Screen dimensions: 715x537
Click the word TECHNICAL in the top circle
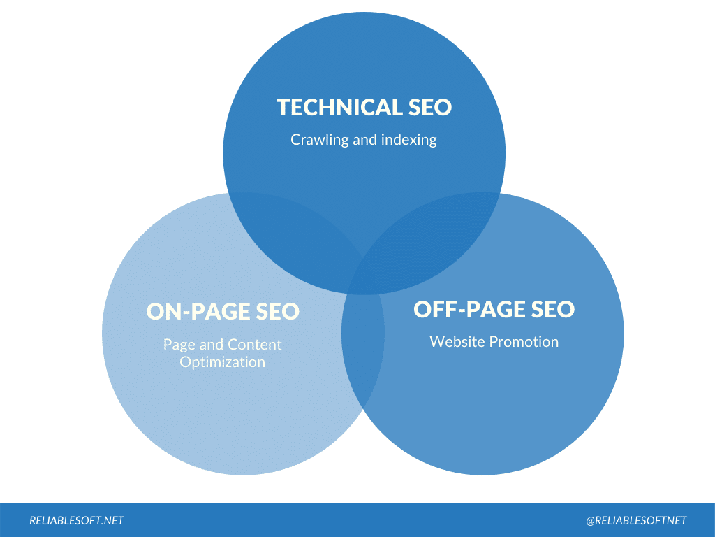pyautogui.click(x=338, y=107)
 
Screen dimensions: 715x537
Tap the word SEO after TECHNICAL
pyautogui.click(x=429, y=107)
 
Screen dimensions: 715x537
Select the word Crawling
pyautogui.click(x=320, y=140)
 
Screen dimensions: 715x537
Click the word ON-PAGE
pyautogui.click(x=197, y=311)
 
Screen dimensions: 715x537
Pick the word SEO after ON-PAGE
pyautogui.click(x=277, y=311)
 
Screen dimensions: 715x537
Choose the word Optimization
pyautogui.click(x=223, y=362)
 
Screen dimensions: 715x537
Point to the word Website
pyautogui.click(x=457, y=341)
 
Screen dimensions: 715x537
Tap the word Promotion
pyautogui.click(x=524, y=341)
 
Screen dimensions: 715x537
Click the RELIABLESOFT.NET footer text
pyautogui.click(x=77, y=520)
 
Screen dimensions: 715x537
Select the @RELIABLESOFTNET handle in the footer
pyautogui.click(x=636, y=520)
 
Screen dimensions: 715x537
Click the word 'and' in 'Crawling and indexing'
pyautogui.click(x=364, y=140)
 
